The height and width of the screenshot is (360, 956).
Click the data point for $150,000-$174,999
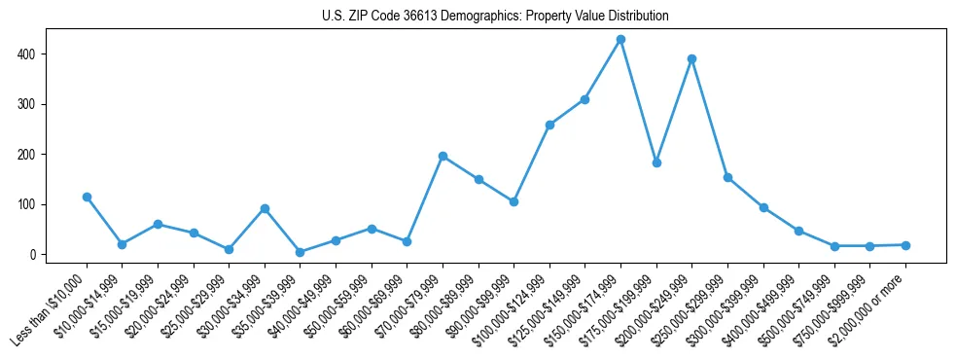pos(620,39)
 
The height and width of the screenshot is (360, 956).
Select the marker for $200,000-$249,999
pos(691,58)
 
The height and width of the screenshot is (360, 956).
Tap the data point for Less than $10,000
pos(87,197)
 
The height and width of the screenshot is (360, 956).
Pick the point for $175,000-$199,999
pos(656,162)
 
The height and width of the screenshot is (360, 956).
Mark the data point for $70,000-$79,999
pos(443,156)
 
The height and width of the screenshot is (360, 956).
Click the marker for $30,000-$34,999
pos(265,208)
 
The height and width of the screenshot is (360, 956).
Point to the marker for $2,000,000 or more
pos(905,245)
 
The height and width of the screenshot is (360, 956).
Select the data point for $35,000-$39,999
pos(300,252)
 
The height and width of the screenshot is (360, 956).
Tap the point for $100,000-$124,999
pos(549,125)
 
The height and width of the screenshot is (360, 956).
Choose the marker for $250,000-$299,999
pos(727,177)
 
